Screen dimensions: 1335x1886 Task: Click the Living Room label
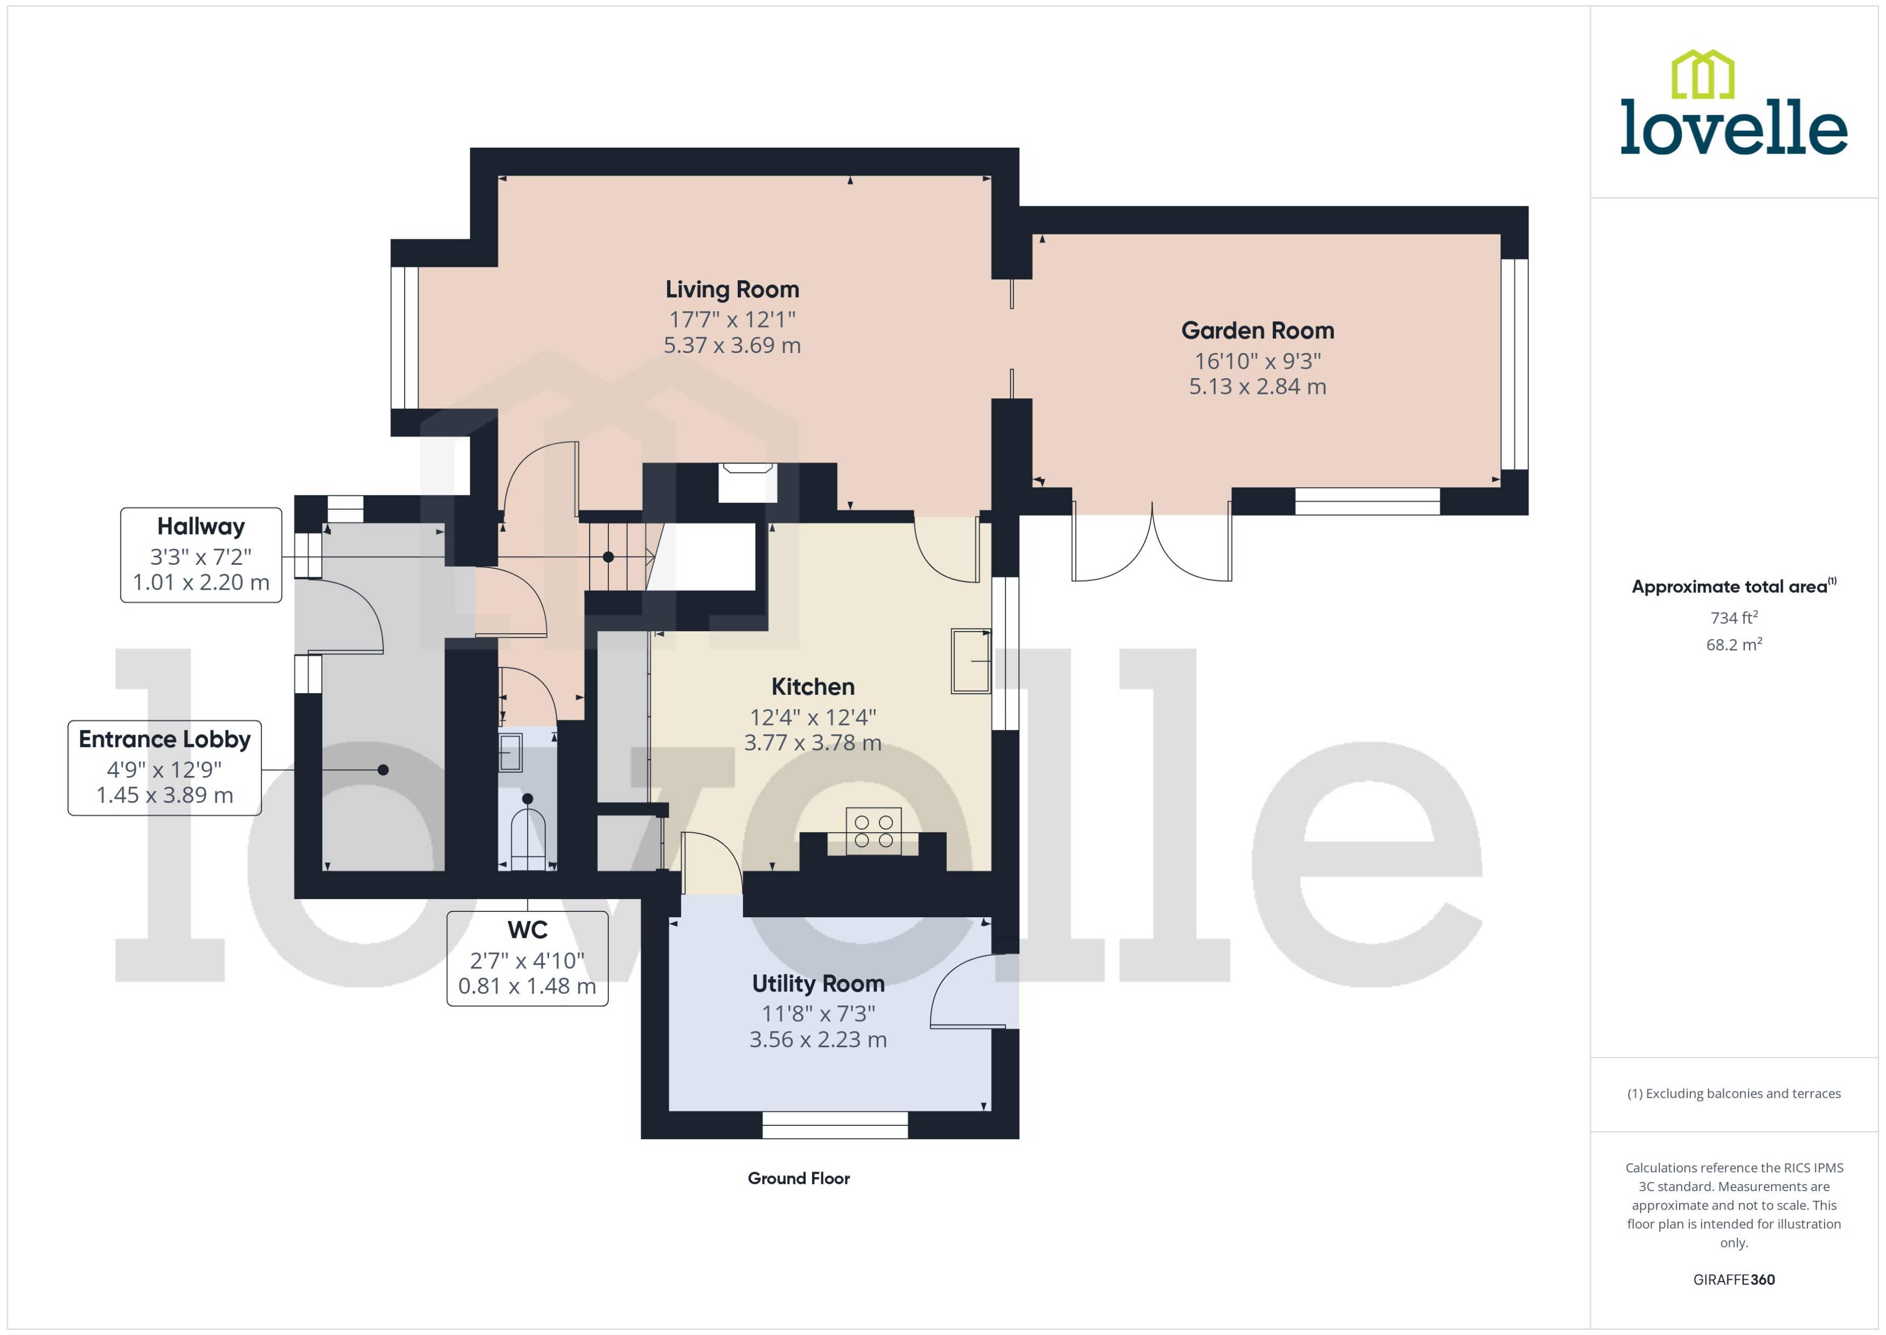tap(731, 289)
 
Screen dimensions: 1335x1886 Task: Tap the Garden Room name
tap(1257, 330)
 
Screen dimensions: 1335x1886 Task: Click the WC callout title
tap(527, 930)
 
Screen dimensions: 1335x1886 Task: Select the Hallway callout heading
tap(200, 526)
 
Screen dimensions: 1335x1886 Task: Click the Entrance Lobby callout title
tap(164, 739)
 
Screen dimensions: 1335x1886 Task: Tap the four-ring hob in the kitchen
tap(873, 831)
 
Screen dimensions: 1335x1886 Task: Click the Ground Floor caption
tap(798, 1178)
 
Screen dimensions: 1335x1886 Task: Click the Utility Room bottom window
tap(834, 1125)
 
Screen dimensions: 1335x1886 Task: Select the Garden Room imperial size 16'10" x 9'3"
tap(1257, 361)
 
